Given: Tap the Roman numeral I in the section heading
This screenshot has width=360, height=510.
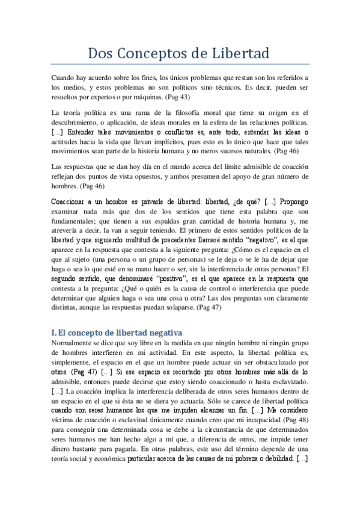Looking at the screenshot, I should [53, 333].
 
